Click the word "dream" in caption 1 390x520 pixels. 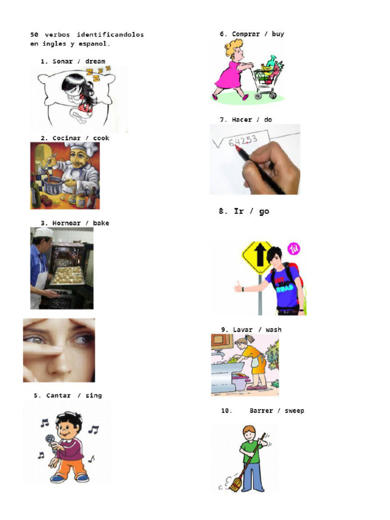95,61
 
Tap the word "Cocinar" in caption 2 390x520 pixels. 67,138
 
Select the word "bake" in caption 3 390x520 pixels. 101,223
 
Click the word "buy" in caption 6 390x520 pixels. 278,34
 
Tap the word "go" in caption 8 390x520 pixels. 264,212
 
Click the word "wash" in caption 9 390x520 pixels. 273,330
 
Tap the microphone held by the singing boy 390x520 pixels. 50,439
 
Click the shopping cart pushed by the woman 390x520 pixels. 267,81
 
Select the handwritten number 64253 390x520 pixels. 243,140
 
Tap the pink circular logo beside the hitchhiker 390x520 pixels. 294,249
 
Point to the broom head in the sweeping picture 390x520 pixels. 235,486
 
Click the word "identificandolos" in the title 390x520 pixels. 110,35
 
